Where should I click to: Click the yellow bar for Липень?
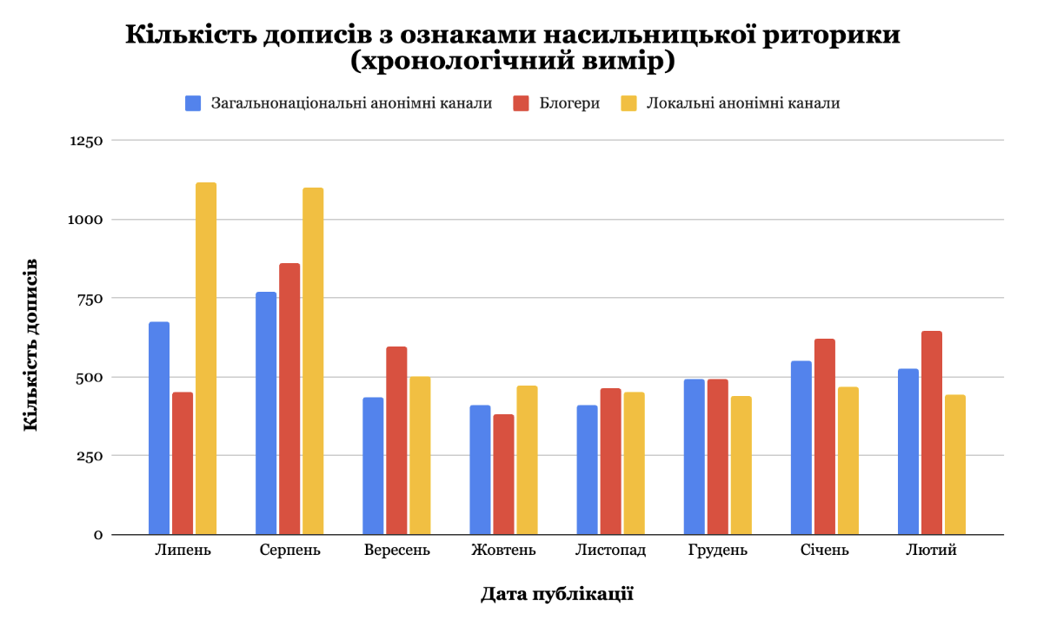click(206, 358)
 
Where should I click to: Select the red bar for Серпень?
click(289, 399)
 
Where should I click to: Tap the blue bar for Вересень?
click(373, 465)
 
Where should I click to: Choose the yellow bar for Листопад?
click(634, 463)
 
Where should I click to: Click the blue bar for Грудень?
click(694, 457)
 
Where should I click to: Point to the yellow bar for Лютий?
click(954, 465)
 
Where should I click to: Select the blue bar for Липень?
click(159, 428)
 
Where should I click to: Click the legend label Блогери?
click(569, 103)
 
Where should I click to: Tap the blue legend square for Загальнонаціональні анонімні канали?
click(193, 103)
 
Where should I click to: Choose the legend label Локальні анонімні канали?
click(743, 103)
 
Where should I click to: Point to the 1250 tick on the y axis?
click(85, 141)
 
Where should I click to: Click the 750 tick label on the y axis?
click(90, 298)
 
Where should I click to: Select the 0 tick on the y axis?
click(98, 535)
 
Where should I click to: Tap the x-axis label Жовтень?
click(503, 551)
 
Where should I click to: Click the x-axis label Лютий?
click(931, 551)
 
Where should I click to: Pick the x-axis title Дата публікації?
click(557, 595)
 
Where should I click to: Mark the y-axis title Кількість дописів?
click(30, 344)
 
